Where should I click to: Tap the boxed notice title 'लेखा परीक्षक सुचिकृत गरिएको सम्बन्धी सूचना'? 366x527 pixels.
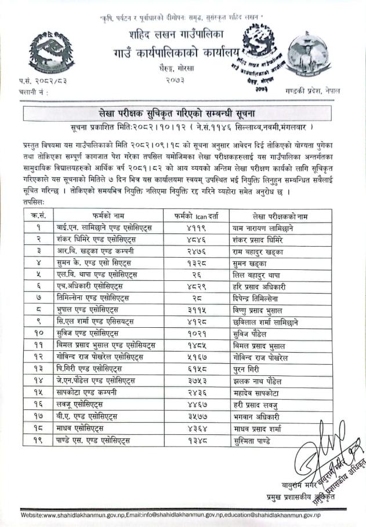(183, 112)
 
